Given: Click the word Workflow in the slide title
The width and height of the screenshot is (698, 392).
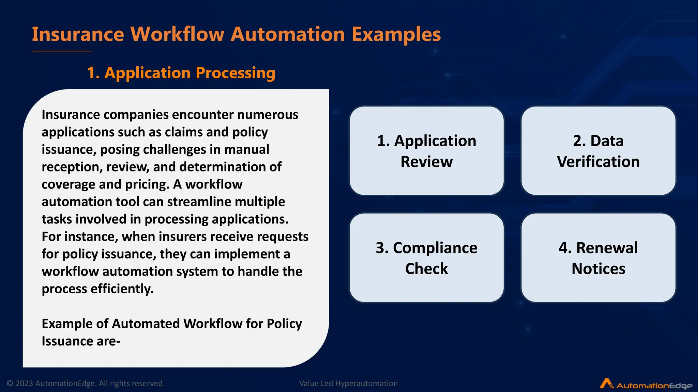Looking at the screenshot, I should click(177, 34).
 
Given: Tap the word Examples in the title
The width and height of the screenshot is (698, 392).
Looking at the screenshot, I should click(396, 34).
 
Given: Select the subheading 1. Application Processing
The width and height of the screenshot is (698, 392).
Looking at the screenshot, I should click(181, 73).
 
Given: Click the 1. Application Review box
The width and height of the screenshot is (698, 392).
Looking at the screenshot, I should click(426, 151).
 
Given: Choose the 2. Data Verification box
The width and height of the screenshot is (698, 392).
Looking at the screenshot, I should click(598, 151).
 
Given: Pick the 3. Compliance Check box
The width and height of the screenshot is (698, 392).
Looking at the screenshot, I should click(426, 258).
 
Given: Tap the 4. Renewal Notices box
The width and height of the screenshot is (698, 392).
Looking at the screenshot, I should click(598, 258).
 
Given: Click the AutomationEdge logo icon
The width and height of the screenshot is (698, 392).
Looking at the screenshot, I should click(606, 383).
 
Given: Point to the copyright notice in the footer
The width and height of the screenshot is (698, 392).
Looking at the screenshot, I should click(86, 383).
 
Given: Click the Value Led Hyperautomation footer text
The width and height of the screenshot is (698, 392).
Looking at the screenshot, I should click(348, 383).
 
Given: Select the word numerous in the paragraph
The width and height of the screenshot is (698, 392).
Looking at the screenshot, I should click(268, 115).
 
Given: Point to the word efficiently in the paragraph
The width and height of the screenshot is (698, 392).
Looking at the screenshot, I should click(122, 289).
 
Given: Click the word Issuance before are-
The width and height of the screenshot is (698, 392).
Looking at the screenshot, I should click(67, 341).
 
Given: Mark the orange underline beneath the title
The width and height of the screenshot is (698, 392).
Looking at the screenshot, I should click(61, 51).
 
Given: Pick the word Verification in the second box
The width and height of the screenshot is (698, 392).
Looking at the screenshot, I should click(598, 162).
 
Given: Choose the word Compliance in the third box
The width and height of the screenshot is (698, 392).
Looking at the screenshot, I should click(435, 248).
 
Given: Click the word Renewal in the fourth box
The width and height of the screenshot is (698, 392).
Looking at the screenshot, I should click(607, 248).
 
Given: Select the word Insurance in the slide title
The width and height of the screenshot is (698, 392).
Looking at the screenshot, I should click(78, 34).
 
